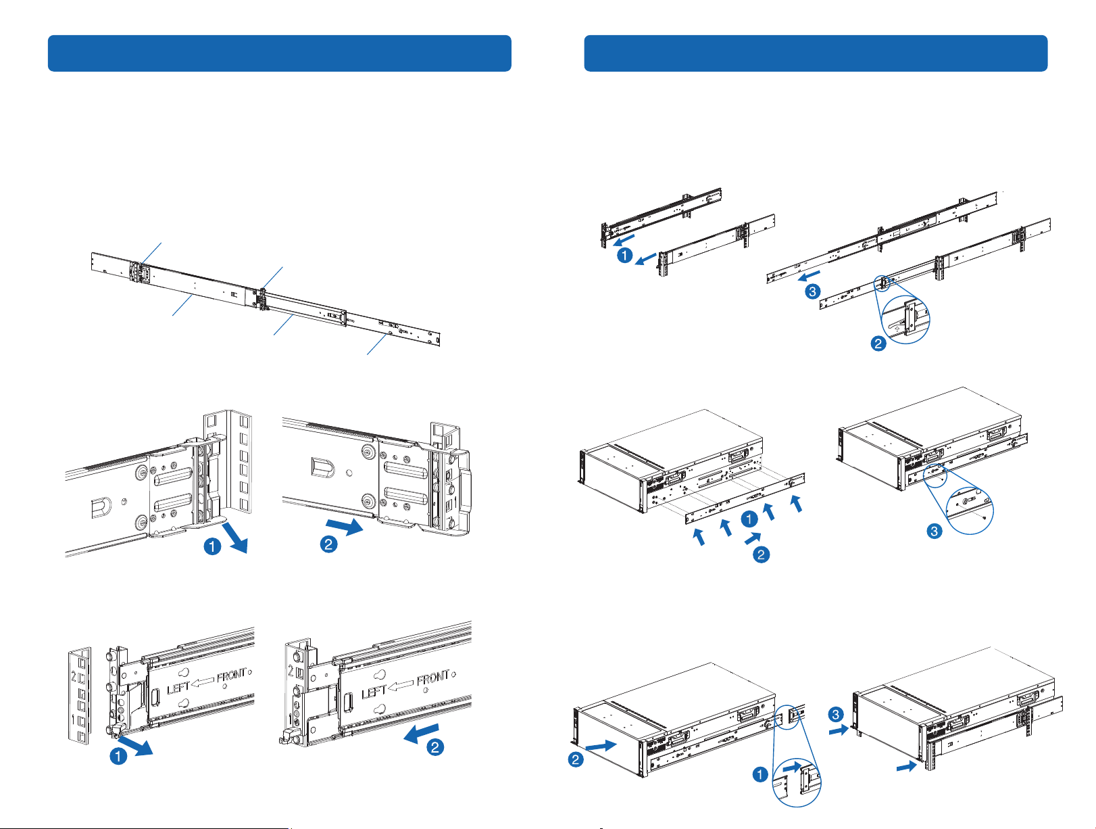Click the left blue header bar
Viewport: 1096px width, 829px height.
coord(279,53)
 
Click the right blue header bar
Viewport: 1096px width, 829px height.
coord(816,53)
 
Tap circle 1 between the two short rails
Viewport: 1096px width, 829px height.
coord(624,256)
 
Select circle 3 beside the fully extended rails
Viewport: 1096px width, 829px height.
coord(812,291)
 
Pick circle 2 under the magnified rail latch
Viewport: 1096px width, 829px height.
coord(878,344)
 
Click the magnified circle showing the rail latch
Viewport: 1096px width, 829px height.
coord(905,319)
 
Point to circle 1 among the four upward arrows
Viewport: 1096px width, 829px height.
coord(749,519)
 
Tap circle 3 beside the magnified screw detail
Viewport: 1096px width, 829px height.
coord(935,531)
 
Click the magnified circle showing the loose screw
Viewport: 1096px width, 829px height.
coord(970,511)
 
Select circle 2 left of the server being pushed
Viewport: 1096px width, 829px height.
coord(576,759)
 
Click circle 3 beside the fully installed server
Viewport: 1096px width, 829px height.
coord(836,715)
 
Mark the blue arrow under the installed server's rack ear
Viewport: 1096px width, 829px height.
coord(906,766)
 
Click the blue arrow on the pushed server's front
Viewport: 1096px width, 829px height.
coord(601,746)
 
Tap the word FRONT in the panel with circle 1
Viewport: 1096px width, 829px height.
coord(232,676)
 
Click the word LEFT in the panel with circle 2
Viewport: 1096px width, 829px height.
coord(373,692)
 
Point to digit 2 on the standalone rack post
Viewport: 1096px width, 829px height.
coord(74,677)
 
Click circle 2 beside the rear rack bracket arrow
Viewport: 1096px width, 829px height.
coord(328,544)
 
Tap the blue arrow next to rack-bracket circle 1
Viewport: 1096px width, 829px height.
coord(234,538)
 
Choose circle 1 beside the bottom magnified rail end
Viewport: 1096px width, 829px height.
coord(760,774)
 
